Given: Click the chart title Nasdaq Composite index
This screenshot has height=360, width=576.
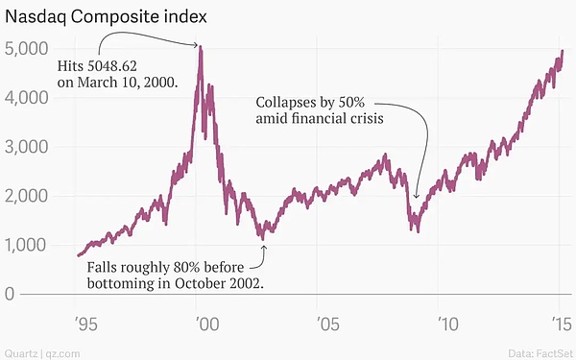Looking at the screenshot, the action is click(x=106, y=17).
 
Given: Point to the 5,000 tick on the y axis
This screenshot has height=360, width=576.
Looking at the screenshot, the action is click(x=27, y=49).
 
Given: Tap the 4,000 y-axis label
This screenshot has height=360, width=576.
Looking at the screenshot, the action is click(x=27, y=98).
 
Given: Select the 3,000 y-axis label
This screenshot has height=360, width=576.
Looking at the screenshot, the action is click(x=27, y=147).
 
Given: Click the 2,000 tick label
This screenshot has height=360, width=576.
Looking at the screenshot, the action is click(x=27, y=196).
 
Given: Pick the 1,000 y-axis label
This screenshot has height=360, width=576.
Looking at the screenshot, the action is click(x=27, y=245).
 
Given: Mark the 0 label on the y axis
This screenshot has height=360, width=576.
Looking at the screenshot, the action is click(x=10, y=294).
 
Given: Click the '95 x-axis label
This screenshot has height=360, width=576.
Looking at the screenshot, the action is click(x=86, y=324).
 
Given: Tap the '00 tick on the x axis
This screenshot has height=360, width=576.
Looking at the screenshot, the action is click(x=207, y=324).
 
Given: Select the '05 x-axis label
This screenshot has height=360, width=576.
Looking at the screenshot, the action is click(x=328, y=324).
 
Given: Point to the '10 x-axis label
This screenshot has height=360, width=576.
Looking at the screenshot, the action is click(x=447, y=324).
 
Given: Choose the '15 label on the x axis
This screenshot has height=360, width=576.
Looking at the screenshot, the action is click(x=562, y=324).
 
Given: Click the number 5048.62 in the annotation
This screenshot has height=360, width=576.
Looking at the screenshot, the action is click(x=112, y=66).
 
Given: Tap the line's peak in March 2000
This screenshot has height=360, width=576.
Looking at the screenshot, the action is click(x=201, y=46).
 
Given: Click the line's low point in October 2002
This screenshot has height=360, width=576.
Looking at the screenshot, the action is click(x=263, y=239).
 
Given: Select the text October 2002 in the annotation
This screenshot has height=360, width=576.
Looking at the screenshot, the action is click(x=219, y=283).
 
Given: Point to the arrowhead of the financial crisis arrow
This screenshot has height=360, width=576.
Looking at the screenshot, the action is click(x=416, y=196).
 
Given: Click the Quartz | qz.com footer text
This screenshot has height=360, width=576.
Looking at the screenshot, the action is click(x=42, y=353).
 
